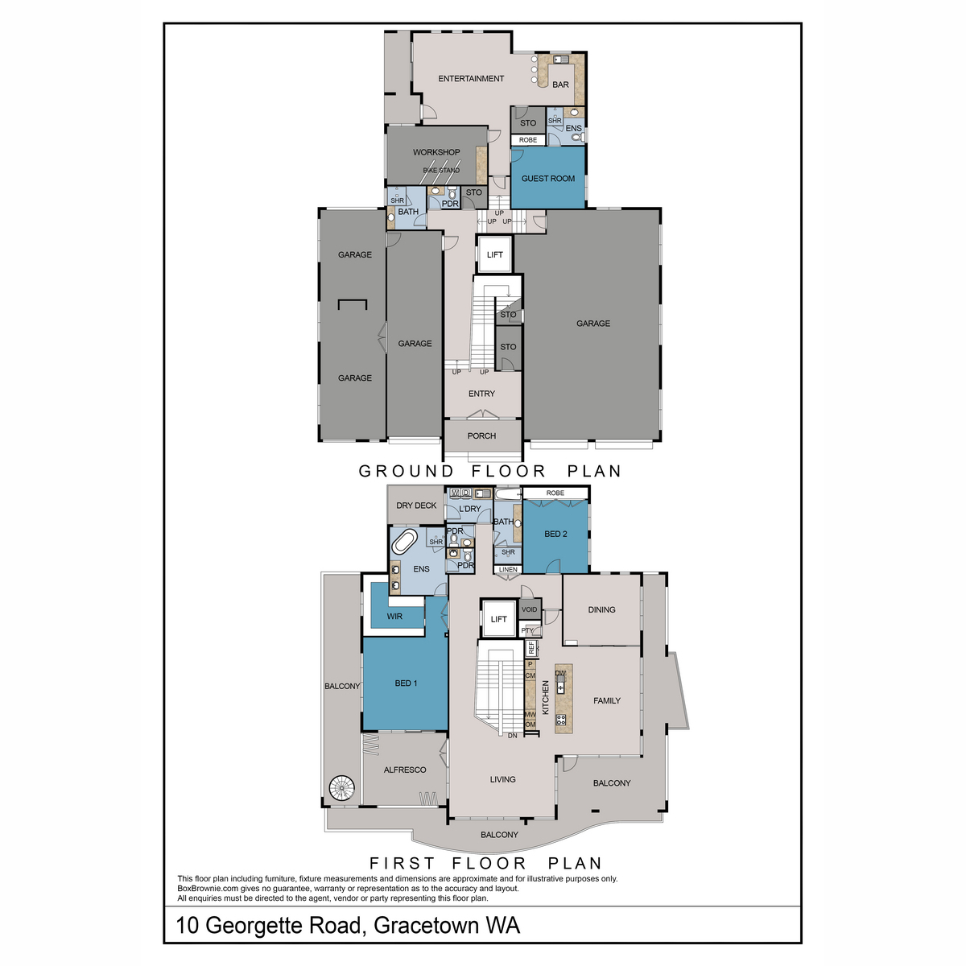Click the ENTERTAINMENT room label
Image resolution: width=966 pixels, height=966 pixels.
click(471, 79)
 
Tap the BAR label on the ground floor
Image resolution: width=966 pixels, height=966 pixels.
click(560, 85)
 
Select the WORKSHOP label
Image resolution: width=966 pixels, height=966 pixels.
click(436, 152)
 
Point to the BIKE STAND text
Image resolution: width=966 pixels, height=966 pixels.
click(441, 171)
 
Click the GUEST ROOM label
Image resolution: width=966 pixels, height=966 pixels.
click(548, 179)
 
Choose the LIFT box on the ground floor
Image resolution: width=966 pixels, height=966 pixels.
click(495, 254)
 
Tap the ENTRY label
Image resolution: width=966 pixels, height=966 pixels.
click(481, 394)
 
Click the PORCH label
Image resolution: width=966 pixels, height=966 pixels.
click(481, 436)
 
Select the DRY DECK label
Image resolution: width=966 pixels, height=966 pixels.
click(416, 506)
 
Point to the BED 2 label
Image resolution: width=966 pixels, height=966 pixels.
click(555, 534)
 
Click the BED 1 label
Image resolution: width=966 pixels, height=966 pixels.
click(406, 683)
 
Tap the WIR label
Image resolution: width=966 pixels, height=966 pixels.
click(394, 617)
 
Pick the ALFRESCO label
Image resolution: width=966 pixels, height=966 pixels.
click(405, 770)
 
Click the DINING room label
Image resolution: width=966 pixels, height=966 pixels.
click(601, 609)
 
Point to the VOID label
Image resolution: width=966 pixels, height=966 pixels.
click(529, 609)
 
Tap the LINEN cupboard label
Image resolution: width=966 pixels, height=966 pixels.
click(508, 570)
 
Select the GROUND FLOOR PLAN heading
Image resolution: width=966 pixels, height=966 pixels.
click(490, 472)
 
